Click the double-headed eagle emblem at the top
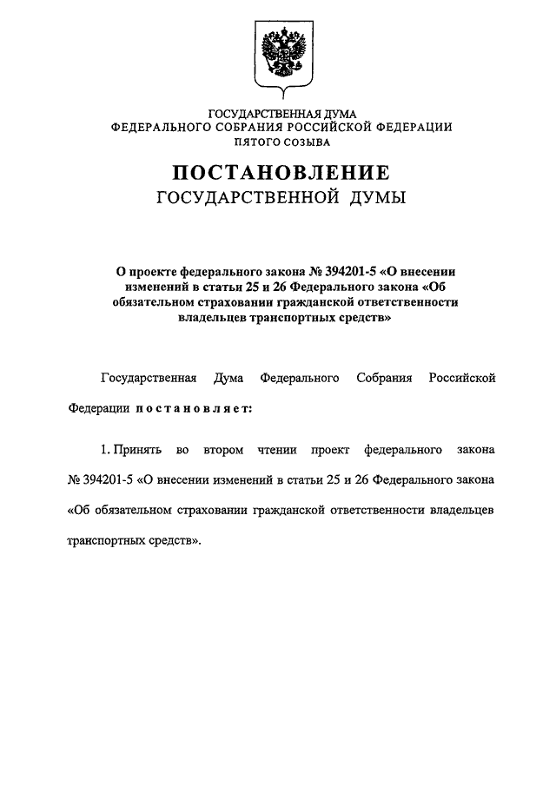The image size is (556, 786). pyautogui.click(x=281, y=53)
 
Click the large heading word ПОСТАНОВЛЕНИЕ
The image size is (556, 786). pyautogui.click(x=280, y=172)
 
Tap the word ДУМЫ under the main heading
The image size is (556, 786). pyautogui.click(x=376, y=199)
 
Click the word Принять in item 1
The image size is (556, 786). pyautogui.click(x=138, y=452)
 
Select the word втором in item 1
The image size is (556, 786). pyautogui.click(x=223, y=452)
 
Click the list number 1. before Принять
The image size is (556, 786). pyautogui.click(x=105, y=452)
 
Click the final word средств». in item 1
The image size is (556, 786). pyautogui.click(x=174, y=540)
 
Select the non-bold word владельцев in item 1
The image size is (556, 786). pyautogui.click(x=462, y=511)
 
